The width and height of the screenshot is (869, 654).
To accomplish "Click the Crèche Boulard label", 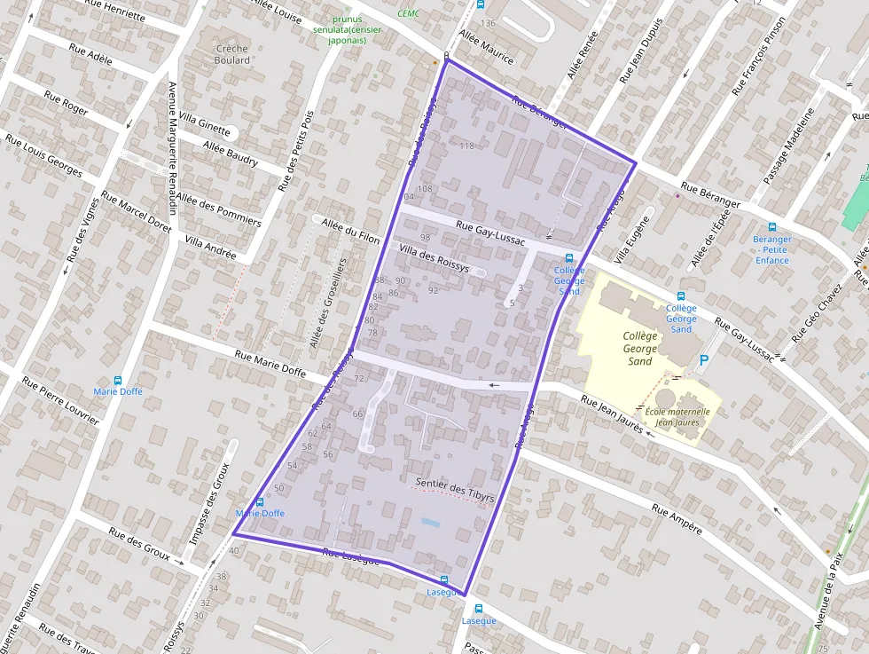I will click(x=232, y=54).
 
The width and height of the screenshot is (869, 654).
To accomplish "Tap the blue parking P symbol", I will click(x=704, y=360).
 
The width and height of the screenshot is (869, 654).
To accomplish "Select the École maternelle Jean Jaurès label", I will click(x=677, y=417).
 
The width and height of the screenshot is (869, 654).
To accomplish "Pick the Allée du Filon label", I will click(x=351, y=228).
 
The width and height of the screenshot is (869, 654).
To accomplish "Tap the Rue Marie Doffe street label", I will click(x=270, y=361).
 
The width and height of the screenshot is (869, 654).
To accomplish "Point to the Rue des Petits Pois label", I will click(x=296, y=152).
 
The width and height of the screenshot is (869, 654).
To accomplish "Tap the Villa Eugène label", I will click(x=636, y=239).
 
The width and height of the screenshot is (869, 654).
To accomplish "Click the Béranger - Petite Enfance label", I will click(x=771, y=249).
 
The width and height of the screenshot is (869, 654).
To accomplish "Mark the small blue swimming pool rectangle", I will click(x=430, y=522).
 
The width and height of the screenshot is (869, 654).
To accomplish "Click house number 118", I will click(x=466, y=146).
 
